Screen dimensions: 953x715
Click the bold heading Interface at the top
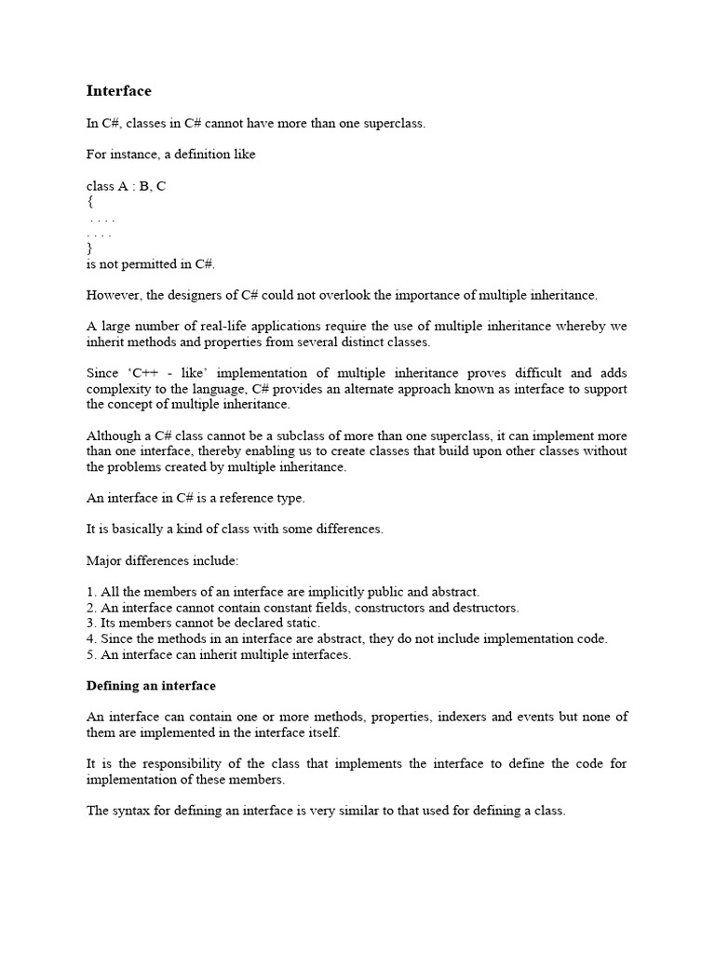(118, 91)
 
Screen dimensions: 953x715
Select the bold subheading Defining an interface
(151, 686)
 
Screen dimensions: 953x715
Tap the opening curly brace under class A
(89, 202)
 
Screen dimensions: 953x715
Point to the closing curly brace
(89, 248)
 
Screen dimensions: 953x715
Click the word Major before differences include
(104, 561)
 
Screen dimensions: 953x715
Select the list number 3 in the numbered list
(90, 623)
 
